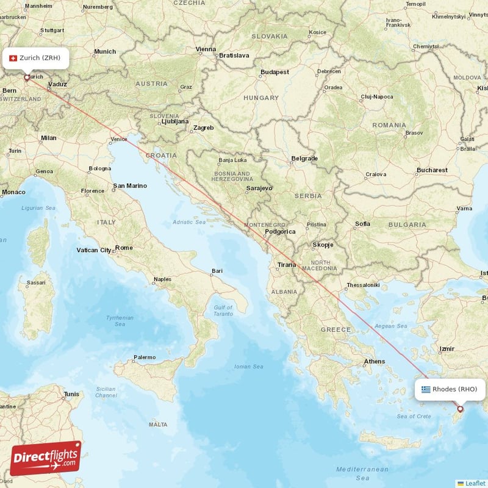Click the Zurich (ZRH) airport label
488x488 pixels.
[40, 58]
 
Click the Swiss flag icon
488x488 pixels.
[13, 58]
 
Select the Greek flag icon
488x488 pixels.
[425, 389]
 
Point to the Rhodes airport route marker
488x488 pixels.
[460, 409]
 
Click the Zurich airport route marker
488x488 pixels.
[26, 77]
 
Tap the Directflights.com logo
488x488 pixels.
[45, 458]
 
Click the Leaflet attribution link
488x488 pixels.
[475, 483]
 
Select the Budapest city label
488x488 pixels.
[274, 72]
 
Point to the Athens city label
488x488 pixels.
[374, 361]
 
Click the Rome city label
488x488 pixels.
[124, 248]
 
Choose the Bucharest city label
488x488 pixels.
[432, 170]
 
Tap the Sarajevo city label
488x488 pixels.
[259, 188]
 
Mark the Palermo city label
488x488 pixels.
[145, 357]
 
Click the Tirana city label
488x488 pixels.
[287, 265]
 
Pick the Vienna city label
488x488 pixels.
[206, 49]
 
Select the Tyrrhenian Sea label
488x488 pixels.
[120, 321]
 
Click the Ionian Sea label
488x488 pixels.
[249, 367]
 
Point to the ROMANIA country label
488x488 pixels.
[389, 125]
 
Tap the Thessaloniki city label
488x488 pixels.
[363, 285]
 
